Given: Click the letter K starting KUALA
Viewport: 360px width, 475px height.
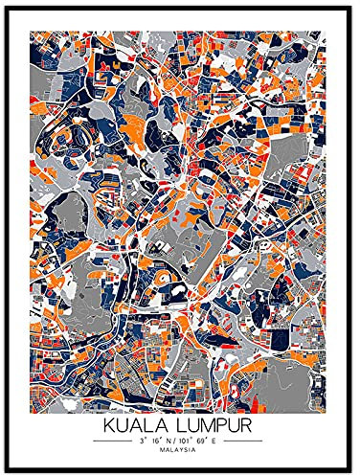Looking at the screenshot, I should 107,421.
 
